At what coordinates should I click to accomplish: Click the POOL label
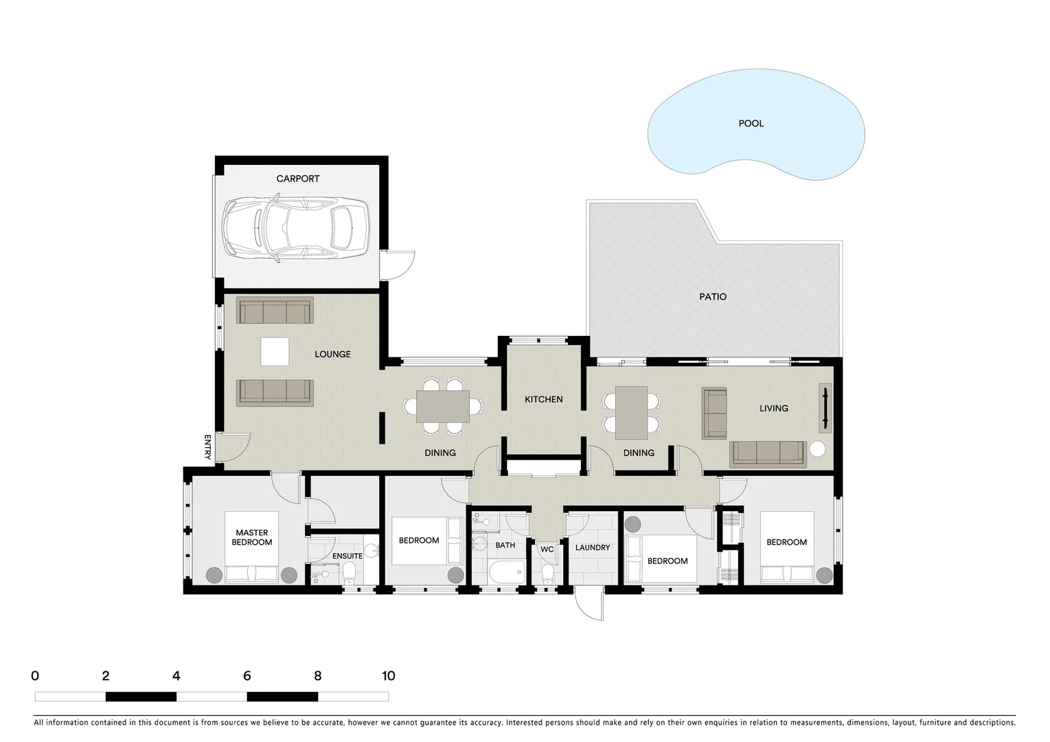[751, 124]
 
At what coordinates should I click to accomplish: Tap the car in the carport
[296, 228]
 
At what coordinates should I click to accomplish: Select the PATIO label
[713, 297]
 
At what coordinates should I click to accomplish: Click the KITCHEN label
[543, 399]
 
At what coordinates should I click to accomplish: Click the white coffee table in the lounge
[275, 352]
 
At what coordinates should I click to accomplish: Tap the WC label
[547, 550]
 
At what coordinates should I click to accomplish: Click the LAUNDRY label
[592, 548]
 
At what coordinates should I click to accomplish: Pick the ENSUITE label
[347, 556]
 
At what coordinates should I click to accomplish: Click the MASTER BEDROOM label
[252, 537]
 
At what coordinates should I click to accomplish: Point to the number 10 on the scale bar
[388, 676]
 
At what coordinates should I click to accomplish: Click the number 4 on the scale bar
[176, 676]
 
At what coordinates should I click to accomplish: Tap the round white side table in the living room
[817, 449]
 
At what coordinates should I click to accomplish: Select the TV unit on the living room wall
[825, 408]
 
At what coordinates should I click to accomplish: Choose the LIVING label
[773, 408]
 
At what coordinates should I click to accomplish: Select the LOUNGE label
[332, 355]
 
